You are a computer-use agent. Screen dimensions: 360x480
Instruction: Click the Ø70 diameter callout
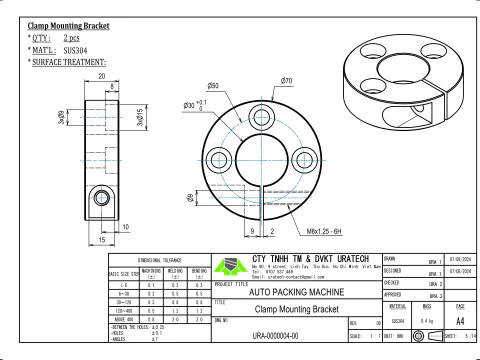point(286,80)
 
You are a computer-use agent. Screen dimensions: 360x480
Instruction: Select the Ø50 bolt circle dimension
point(213,88)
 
